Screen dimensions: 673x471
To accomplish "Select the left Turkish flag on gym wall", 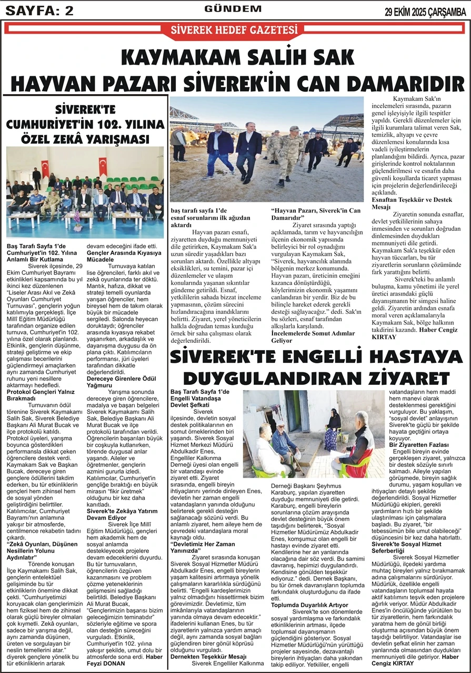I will pyautogui.click(x=45, y=168).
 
